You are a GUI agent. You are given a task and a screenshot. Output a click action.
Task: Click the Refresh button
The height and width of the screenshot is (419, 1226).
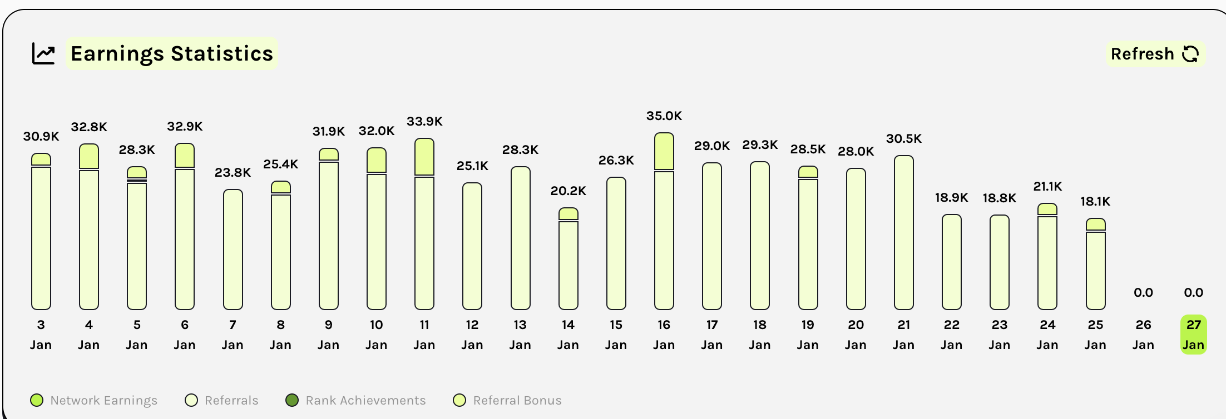1155,54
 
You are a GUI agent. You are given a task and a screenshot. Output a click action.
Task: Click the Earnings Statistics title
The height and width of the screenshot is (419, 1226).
172,54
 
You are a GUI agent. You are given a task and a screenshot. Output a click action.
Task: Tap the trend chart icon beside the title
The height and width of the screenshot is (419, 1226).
43,54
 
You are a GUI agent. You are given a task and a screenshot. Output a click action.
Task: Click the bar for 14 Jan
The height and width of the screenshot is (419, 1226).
568,261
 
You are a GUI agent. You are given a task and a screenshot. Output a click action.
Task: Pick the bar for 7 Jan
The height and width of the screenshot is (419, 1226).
233,250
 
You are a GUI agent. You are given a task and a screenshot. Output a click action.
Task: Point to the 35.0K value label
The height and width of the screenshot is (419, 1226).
664,116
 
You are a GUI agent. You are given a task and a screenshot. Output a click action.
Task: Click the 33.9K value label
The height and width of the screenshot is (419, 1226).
424,121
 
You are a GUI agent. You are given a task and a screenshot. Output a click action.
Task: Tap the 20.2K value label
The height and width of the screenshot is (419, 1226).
568,191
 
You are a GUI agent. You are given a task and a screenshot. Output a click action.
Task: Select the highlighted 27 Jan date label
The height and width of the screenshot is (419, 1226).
1193,335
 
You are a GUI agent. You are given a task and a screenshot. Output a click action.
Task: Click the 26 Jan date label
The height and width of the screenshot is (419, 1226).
1143,335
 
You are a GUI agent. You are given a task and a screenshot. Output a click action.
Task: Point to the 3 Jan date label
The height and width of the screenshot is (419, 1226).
41,335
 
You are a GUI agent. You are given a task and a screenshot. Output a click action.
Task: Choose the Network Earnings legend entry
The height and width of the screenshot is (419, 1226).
94,400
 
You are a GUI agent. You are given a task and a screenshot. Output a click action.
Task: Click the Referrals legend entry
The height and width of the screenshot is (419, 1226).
222,400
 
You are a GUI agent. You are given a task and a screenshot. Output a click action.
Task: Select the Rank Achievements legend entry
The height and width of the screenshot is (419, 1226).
355,400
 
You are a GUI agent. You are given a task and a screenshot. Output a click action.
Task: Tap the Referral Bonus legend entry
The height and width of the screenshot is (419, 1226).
507,400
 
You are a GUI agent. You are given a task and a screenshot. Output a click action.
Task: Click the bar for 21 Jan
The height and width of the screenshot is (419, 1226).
903,233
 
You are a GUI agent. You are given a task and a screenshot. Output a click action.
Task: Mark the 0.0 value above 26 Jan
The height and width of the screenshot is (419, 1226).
1143,292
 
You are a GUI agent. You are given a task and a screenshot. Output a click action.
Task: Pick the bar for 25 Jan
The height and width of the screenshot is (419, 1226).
1095,267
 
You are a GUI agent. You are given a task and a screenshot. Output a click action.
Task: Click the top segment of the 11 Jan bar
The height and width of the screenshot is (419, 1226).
424,157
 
